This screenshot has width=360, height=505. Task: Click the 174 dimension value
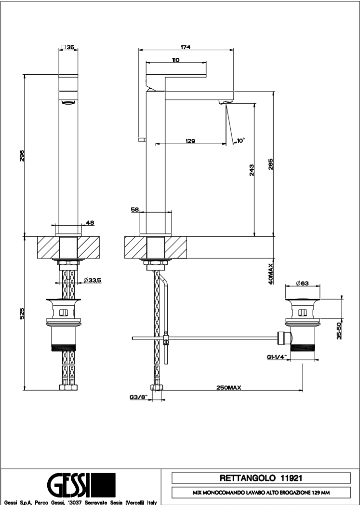(x=186, y=47)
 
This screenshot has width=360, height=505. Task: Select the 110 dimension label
(x=175, y=59)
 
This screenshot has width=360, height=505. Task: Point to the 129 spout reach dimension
(x=190, y=141)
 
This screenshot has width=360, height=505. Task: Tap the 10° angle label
(x=240, y=140)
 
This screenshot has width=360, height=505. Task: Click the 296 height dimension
(x=22, y=155)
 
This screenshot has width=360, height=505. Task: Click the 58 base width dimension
(x=134, y=210)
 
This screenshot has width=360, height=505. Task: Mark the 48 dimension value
(x=90, y=222)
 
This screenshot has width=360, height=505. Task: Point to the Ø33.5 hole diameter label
(x=92, y=280)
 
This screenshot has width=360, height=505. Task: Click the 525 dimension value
(x=22, y=314)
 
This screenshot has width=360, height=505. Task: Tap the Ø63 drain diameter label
(x=302, y=283)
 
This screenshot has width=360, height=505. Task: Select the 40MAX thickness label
(x=271, y=273)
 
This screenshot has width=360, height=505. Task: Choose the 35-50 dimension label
(x=339, y=328)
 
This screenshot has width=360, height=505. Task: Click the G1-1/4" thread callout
(x=276, y=357)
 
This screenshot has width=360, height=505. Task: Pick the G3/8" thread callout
(x=138, y=397)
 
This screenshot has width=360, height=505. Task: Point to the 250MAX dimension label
(x=228, y=388)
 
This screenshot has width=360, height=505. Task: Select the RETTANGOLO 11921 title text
(x=261, y=478)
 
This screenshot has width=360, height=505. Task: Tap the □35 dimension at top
(x=68, y=47)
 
